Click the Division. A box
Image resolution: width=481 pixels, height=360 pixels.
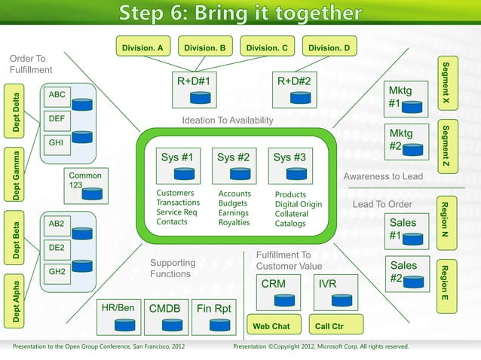(x=143, y=48)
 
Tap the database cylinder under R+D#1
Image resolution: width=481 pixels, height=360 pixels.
(x=200, y=98)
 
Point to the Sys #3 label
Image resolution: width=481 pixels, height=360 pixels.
(x=290, y=158)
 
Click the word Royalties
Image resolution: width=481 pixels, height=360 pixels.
(x=234, y=223)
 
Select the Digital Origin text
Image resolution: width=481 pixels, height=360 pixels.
(x=298, y=204)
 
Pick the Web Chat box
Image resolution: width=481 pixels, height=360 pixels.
(x=271, y=326)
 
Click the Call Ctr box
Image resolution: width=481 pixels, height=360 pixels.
(x=329, y=326)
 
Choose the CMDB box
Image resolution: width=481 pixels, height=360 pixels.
(x=164, y=317)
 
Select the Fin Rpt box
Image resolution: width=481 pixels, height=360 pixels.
(x=214, y=317)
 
